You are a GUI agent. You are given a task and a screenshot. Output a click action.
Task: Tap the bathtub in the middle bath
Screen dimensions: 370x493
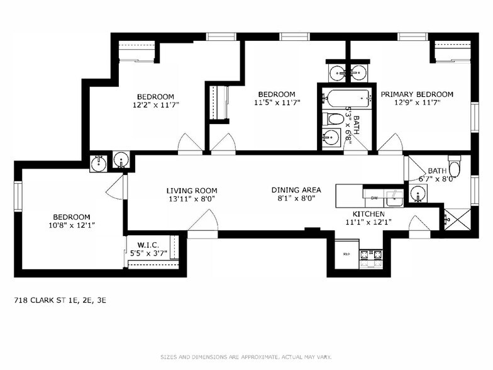[x=346, y=98]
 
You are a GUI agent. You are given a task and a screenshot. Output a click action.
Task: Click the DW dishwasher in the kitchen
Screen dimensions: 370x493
[x=374, y=198]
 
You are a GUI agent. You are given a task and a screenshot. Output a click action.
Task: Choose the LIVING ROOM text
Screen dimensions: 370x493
[x=192, y=191]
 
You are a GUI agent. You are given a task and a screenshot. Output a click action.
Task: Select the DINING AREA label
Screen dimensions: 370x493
[x=296, y=190]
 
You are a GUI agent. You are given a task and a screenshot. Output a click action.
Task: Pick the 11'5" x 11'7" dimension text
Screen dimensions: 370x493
[x=276, y=103]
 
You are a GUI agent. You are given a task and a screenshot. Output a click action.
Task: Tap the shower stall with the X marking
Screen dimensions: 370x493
[x=456, y=219]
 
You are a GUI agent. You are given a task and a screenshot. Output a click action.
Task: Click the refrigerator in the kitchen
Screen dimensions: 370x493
[x=346, y=254]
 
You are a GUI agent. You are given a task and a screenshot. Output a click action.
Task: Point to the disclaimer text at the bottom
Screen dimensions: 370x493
[x=246, y=357]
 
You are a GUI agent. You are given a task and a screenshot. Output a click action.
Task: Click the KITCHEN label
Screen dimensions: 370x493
[x=368, y=214]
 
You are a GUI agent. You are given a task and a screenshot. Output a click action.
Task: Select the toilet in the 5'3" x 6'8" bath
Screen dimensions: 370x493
[x=332, y=119]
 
